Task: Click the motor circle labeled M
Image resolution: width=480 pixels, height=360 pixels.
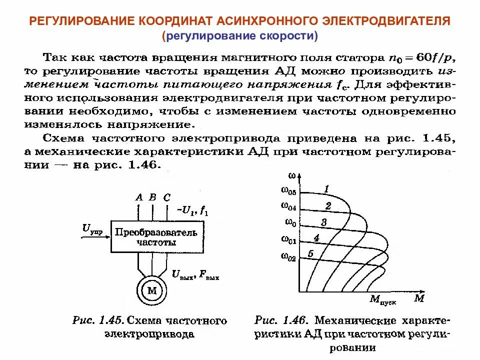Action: [151, 290]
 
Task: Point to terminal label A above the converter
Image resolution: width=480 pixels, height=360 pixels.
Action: [139, 197]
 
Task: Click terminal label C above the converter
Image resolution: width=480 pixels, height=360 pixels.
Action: [167, 197]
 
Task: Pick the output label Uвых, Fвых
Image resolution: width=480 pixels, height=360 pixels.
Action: [195, 274]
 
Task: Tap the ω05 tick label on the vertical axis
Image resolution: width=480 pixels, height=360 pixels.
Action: [288, 191]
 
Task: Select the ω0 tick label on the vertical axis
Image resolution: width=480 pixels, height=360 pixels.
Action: [290, 222]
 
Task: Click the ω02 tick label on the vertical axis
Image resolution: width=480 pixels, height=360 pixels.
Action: [288, 257]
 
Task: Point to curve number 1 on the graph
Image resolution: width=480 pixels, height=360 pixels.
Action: [326, 188]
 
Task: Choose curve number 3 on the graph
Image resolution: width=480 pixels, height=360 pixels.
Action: [323, 222]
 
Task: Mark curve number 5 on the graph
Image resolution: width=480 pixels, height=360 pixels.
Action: [310, 253]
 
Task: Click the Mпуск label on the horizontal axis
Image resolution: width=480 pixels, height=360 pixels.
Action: [381, 300]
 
